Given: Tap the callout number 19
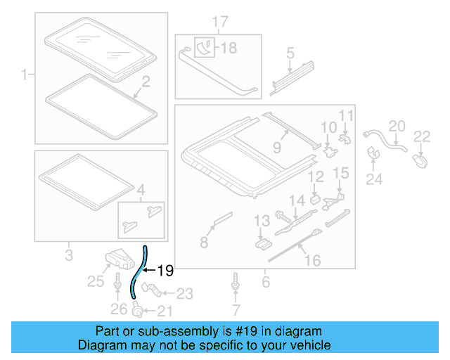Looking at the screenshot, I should [164, 269].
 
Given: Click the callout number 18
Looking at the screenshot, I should [231, 48].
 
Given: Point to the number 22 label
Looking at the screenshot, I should [421, 136].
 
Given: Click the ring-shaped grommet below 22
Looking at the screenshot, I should [421, 160].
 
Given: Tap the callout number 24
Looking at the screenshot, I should [373, 179].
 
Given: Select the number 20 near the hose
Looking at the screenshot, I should [397, 126].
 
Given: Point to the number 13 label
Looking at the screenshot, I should [261, 221].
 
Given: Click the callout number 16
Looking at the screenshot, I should [311, 261].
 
